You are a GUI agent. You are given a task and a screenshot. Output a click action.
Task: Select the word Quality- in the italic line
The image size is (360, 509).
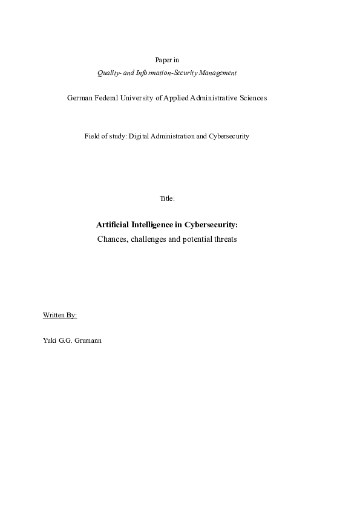(x=109, y=73)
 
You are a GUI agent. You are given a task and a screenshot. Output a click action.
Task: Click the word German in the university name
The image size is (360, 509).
(x=79, y=98)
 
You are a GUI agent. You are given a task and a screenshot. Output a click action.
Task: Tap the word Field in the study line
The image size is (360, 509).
(x=91, y=136)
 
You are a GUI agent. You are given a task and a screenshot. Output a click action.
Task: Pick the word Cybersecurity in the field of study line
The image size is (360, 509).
(x=229, y=136)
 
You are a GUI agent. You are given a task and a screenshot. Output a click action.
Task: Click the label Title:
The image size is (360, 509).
(x=167, y=198)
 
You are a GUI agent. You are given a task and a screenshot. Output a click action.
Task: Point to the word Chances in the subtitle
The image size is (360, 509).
(x=111, y=239)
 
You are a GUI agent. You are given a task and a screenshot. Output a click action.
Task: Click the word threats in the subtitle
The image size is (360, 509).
(x=224, y=239)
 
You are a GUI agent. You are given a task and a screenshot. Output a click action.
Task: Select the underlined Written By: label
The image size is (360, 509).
(x=59, y=316)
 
